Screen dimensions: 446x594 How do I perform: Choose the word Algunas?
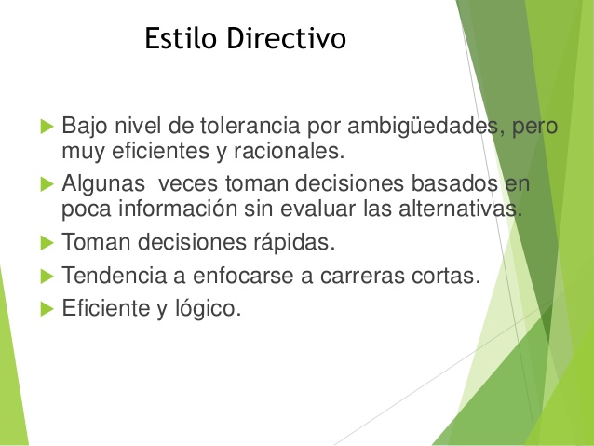(100, 183)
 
